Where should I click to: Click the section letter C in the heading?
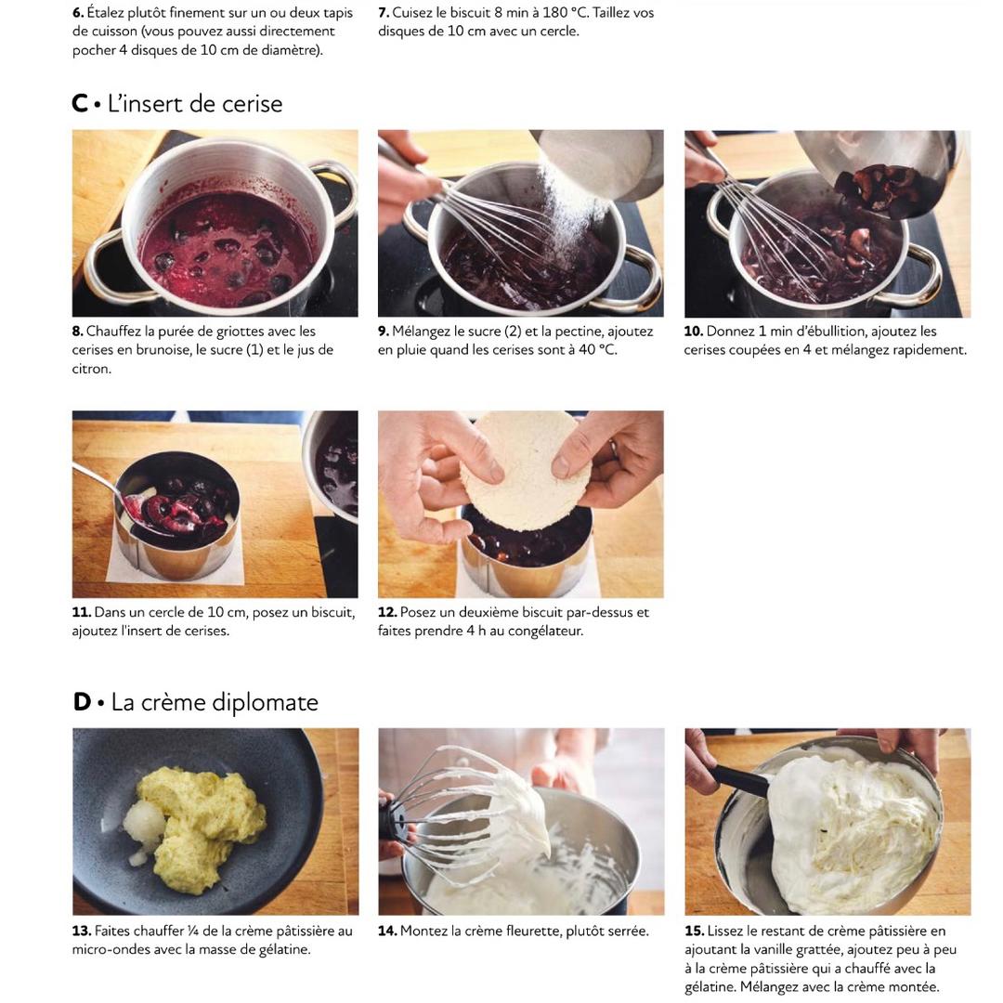[x=80, y=104]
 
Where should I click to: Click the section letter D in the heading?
[x=82, y=702]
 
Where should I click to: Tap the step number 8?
[x=77, y=332]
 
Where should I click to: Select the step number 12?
[x=387, y=612]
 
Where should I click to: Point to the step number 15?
[x=694, y=931]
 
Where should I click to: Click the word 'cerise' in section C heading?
[x=247, y=104]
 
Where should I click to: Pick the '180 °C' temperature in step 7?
[x=565, y=13]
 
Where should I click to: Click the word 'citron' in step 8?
[x=91, y=369]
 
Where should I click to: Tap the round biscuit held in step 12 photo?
[x=525, y=470]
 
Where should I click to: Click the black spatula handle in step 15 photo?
[x=739, y=778]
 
